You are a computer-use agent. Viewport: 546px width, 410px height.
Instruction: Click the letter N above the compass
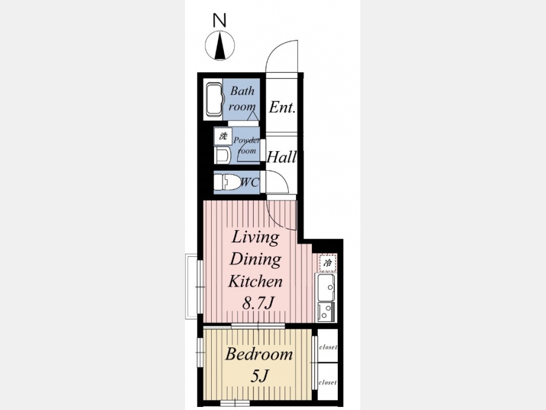[220, 20]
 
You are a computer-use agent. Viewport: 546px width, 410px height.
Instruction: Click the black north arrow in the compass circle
[220, 46]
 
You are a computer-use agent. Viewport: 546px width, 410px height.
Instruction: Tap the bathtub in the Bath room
[214, 100]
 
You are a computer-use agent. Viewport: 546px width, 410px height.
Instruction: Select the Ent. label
[282, 107]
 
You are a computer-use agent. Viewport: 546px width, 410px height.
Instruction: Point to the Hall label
[281, 157]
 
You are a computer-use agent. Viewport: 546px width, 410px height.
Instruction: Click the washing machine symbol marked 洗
[223, 136]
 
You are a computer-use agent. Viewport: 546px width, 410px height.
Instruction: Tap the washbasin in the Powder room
[223, 155]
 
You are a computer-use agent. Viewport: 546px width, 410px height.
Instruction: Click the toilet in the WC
[227, 182]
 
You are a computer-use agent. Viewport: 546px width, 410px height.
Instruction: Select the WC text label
[250, 182]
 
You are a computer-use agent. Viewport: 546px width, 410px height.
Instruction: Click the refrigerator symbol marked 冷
[328, 263]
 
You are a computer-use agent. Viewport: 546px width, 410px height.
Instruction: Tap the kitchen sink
[326, 287]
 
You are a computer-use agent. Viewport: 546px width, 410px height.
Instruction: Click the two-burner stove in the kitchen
[326, 312]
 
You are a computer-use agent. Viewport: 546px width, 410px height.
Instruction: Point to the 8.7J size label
[258, 303]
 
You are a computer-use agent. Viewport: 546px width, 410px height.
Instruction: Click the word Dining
[255, 259]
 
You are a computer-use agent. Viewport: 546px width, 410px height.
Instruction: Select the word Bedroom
[259, 354]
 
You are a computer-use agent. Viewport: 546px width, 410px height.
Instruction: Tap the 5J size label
[260, 376]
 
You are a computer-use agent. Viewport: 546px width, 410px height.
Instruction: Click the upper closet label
[328, 347]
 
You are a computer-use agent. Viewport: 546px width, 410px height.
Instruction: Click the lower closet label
[328, 383]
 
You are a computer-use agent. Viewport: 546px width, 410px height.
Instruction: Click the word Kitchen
[255, 281]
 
